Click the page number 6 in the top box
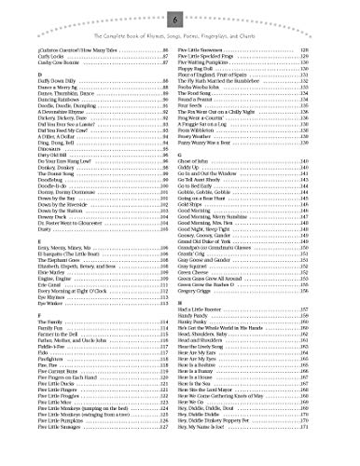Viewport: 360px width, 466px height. (179, 15)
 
